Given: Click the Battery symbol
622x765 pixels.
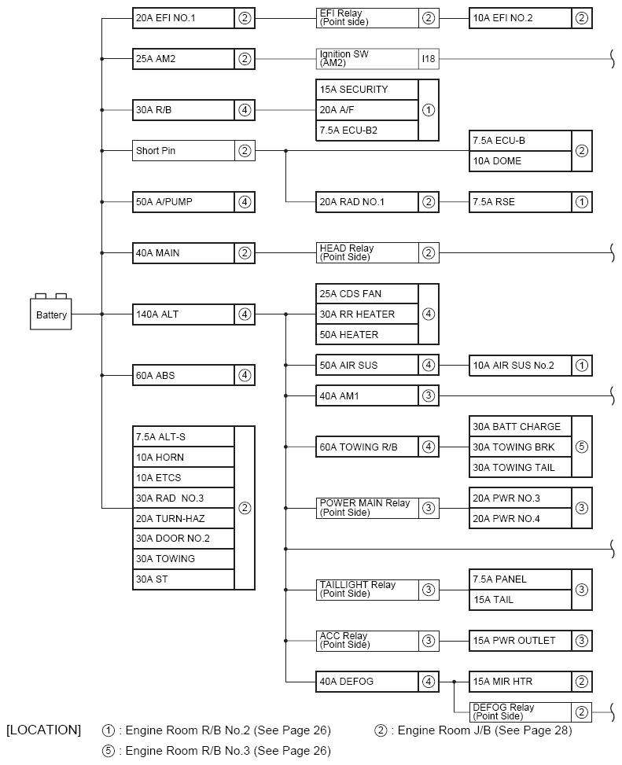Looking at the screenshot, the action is coord(51,311).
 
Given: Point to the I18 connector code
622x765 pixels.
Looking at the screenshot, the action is coord(429,58).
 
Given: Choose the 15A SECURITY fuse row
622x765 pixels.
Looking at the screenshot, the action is coord(367,90).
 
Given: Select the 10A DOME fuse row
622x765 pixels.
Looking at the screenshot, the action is coord(521,161).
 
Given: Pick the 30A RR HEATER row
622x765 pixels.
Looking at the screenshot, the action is coord(367,314).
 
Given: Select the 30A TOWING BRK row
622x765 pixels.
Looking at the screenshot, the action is coord(521,447).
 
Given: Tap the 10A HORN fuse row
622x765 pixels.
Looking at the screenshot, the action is coord(183,457).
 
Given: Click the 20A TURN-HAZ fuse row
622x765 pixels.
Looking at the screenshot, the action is coord(183,519).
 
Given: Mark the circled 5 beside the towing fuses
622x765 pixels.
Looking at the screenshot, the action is coord(582,447).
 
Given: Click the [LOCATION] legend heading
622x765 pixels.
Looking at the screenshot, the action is coord(43,730).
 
